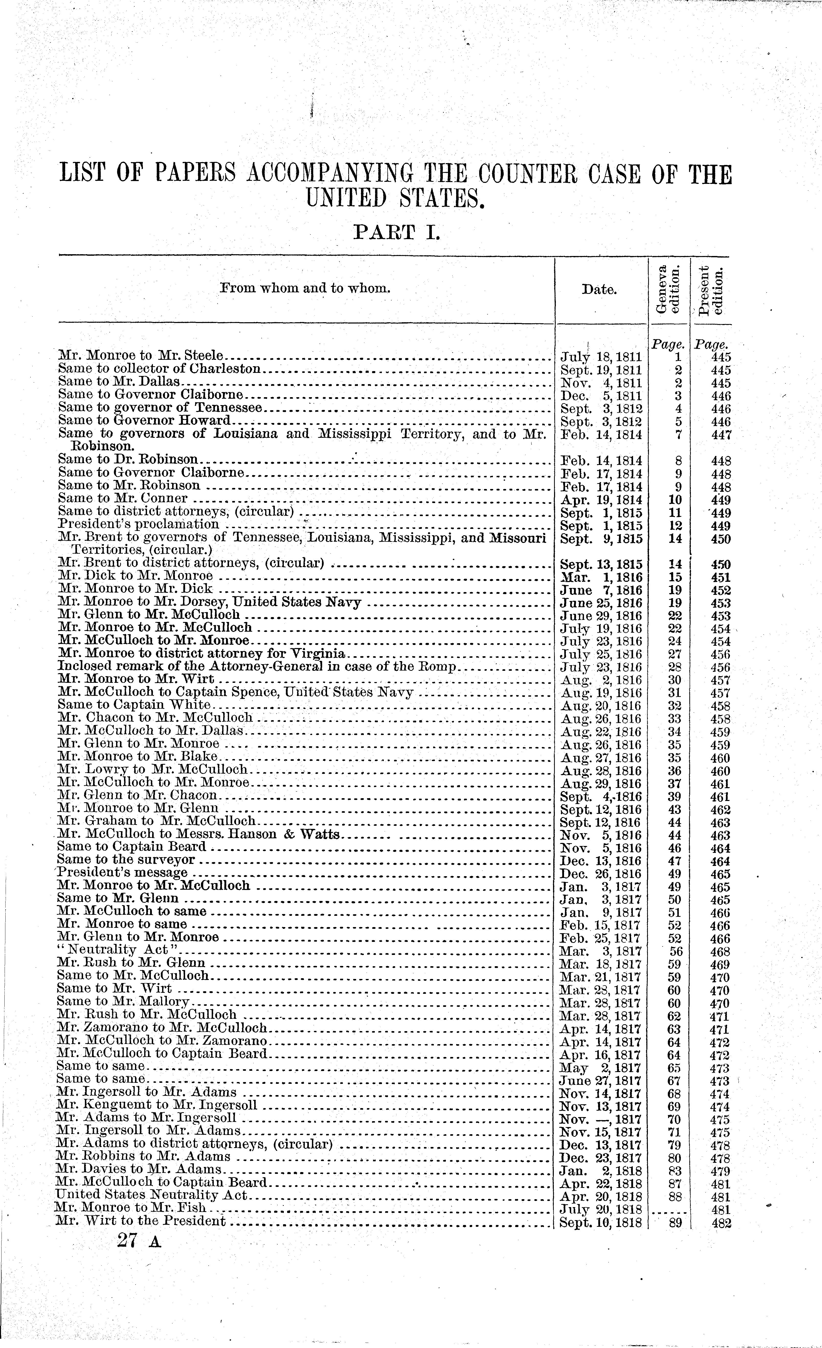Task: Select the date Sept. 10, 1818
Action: pyautogui.click(x=600, y=1222)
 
